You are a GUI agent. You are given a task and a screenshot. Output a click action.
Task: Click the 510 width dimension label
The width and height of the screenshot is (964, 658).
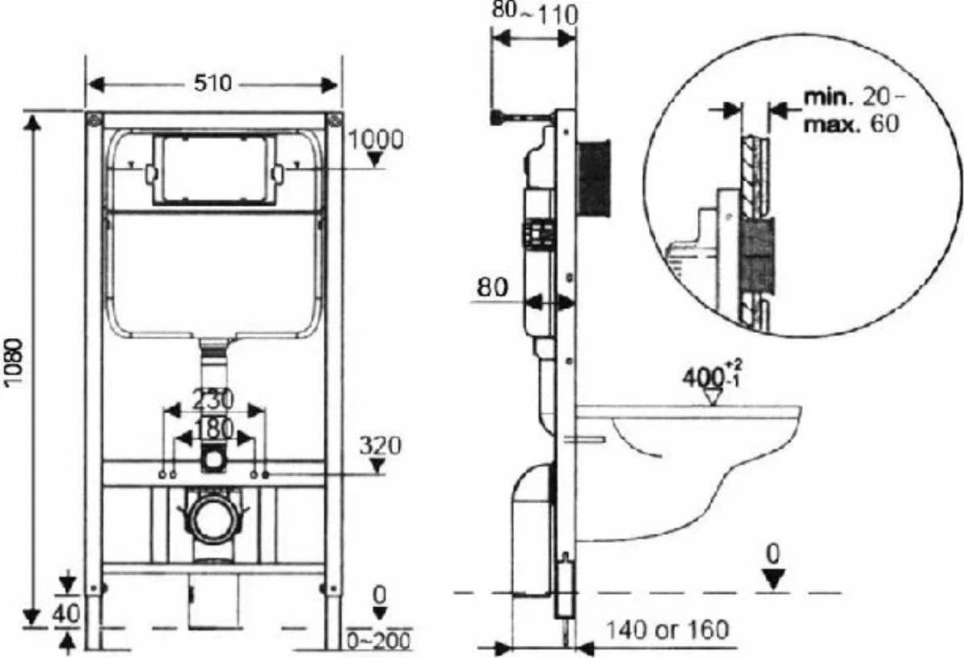point(213,83)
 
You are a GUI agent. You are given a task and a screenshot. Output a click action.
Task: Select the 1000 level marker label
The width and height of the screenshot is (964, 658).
point(376,140)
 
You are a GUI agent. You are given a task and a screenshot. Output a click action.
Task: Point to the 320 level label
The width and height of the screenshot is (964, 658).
point(380,445)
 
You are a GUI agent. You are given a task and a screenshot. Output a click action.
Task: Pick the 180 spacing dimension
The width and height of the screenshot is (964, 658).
point(213,428)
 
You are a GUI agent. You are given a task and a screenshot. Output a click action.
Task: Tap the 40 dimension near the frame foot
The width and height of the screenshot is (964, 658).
point(66,614)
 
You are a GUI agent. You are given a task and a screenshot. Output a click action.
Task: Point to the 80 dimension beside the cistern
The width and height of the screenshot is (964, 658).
point(492,288)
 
